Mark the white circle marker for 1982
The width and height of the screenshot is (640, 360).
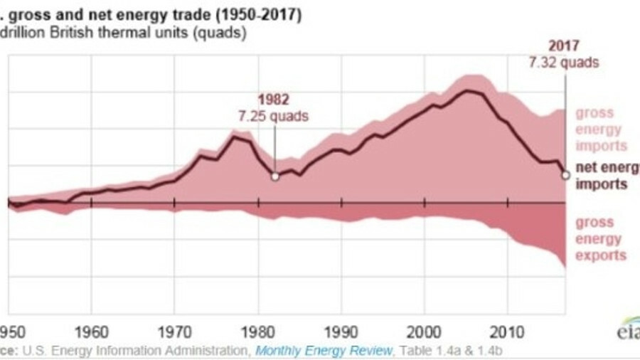(x=274, y=176)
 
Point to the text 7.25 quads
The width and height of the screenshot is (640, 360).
(x=274, y=116)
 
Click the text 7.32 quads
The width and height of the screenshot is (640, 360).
(x=564, y=62)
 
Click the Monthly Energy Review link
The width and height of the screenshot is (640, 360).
(x=324, y=349)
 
